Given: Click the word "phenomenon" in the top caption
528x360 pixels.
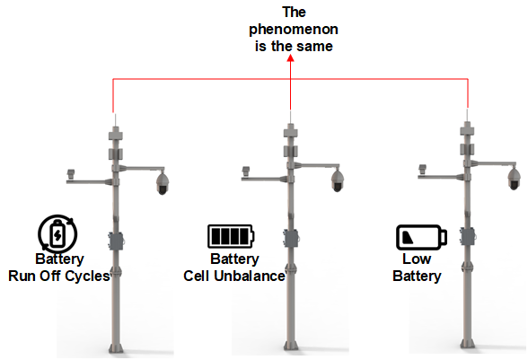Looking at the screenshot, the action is click(x=294, y=30).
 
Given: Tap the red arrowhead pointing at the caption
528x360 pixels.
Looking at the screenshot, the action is click(x=291, y=58).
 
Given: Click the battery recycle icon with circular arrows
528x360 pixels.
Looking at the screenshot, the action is click(x=57, y=233).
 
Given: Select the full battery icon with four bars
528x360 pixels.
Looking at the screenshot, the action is click(x=231, y=236).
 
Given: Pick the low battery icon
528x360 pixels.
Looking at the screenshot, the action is click(x=421, y=237).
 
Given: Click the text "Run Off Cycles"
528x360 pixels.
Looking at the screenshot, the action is click(x=59, y=276).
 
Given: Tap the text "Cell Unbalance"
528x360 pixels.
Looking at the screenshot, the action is click(x=234, y=276).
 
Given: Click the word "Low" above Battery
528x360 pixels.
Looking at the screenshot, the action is click(x=417, y=259).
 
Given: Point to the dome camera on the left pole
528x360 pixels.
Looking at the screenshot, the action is click(x=163, y=182).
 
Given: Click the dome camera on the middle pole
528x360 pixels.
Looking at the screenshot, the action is click(x=338, y=180).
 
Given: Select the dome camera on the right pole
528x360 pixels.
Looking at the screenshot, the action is click(x=514, y=178).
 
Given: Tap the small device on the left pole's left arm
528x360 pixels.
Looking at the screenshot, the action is click(x=71, y=174).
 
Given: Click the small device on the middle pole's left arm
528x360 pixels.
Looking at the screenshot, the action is click(x=246, y=171).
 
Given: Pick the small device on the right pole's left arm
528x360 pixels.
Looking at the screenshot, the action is click(x=422, y=169).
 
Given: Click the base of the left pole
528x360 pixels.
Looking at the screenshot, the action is click(x=116, y=347).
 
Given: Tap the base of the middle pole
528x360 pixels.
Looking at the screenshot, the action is click(x=290, y=345).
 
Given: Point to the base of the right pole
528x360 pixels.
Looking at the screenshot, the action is click(x=467, y=343).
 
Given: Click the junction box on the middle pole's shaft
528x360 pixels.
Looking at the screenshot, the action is click(x=291, y=238).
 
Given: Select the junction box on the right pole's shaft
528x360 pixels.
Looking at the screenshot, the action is click(x=467, y=236).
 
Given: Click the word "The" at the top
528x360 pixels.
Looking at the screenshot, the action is click(x=294, y=13).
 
